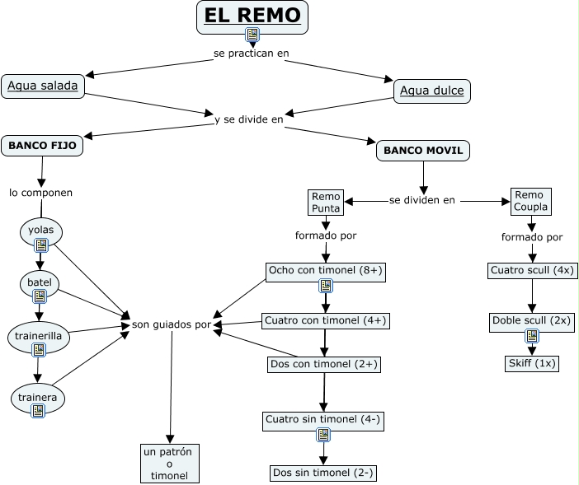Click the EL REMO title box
click(x=252, y=16)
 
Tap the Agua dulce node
click(x=431, y=91)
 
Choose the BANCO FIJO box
click(x=42, y=146)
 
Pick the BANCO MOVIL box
click(x=424, y=151)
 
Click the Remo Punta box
click(x=326, y=203)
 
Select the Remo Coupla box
click(x=530, y=201)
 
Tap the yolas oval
click(x=41, y=231)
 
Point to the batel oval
click(x=40, y=282)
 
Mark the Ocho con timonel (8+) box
click(x=326, y=270)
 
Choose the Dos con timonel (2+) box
click(x=325, y=363)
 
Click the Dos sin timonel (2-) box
click(x=323, y=473)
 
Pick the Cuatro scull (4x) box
click(x=532, y=270)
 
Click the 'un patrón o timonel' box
click(x=170, y=464)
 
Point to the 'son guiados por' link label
click(x=172, y=324)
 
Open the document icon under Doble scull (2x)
click(x=532, y=336)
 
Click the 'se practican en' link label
click(x=251, y=54)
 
